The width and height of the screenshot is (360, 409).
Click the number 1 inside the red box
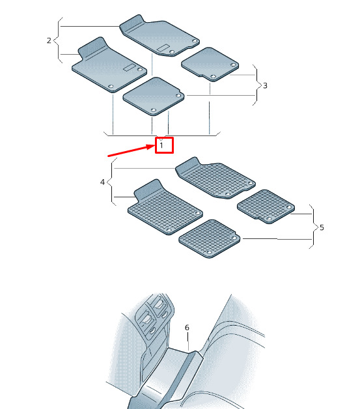[161, 145]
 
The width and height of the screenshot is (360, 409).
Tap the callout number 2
[49, 40]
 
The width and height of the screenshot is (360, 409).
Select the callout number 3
[265, 85]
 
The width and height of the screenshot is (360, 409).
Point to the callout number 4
[102, 182]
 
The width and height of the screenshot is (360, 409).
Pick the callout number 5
[322, 228]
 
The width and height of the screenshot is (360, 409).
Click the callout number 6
[187, 328]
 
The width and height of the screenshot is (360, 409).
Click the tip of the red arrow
[156, 145]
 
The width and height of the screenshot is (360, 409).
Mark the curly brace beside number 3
[257, 85]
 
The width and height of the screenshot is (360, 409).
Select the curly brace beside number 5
[314, 227]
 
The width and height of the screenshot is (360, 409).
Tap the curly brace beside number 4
[111, 182]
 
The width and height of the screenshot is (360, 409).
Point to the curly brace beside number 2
[58, 40]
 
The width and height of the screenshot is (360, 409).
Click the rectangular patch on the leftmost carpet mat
[130, 67]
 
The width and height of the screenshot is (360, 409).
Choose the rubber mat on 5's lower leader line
[210, 238]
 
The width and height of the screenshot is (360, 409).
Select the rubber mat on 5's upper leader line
[266, 206]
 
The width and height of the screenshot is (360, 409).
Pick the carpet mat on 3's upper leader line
[210, 64]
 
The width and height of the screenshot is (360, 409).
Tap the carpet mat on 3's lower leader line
[154, 96]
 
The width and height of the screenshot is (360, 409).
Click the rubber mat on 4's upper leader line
[215, 178]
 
